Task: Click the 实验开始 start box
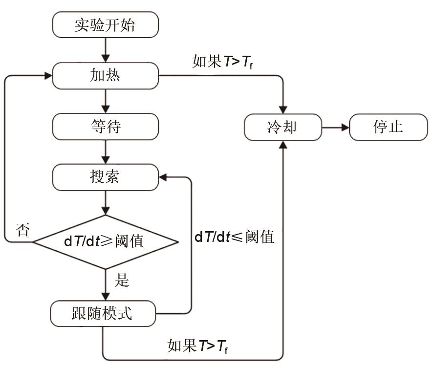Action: point(105,25)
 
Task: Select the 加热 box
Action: point(105,76)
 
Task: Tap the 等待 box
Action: point(105,127)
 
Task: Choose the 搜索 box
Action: point(105,177)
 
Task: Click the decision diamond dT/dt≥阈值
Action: point(105,241)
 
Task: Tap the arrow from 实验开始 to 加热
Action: point(105,50)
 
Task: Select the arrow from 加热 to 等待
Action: point(105,101)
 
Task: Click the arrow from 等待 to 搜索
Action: point(105,151)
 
